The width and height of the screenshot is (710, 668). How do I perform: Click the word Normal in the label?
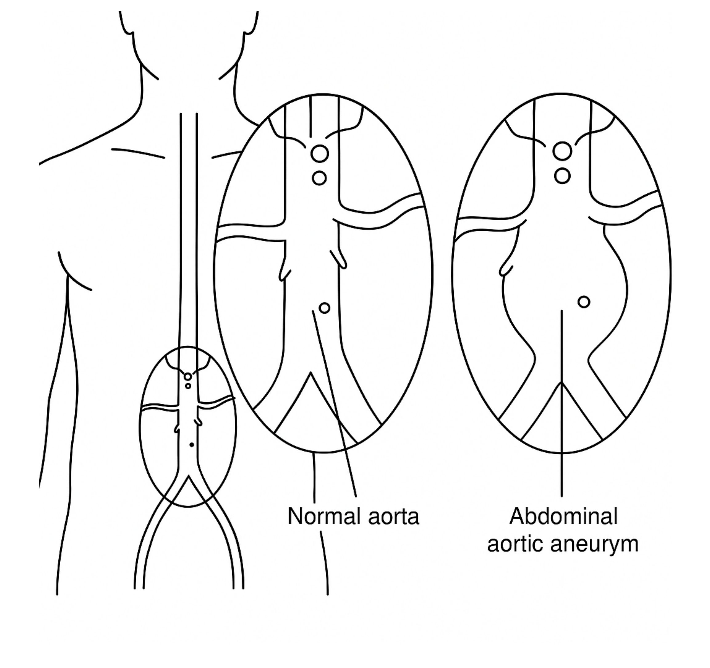(x=325, y=517)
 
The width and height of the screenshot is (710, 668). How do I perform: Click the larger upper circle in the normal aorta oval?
(x=319, y=154)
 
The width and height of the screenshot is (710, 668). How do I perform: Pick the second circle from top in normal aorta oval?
(x=319, y=178)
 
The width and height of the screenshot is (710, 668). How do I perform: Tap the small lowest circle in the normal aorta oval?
(x=324, y=308)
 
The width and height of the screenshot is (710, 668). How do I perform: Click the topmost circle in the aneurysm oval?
(x=562, y=151)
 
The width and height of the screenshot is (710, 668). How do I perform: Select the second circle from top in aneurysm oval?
(x=563, y=175)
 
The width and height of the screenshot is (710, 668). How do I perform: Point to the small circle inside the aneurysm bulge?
(x=584, y=302)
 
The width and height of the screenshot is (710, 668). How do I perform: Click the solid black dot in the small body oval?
(x=192, y=445)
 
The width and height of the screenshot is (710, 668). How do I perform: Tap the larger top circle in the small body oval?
(x=188, y=377)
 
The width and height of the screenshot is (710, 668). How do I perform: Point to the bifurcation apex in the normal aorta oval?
(x=311, y=373)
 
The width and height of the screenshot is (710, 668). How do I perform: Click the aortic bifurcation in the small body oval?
(x=188, y=477)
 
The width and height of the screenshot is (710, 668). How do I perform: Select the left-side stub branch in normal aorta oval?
(x=284, y=273)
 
